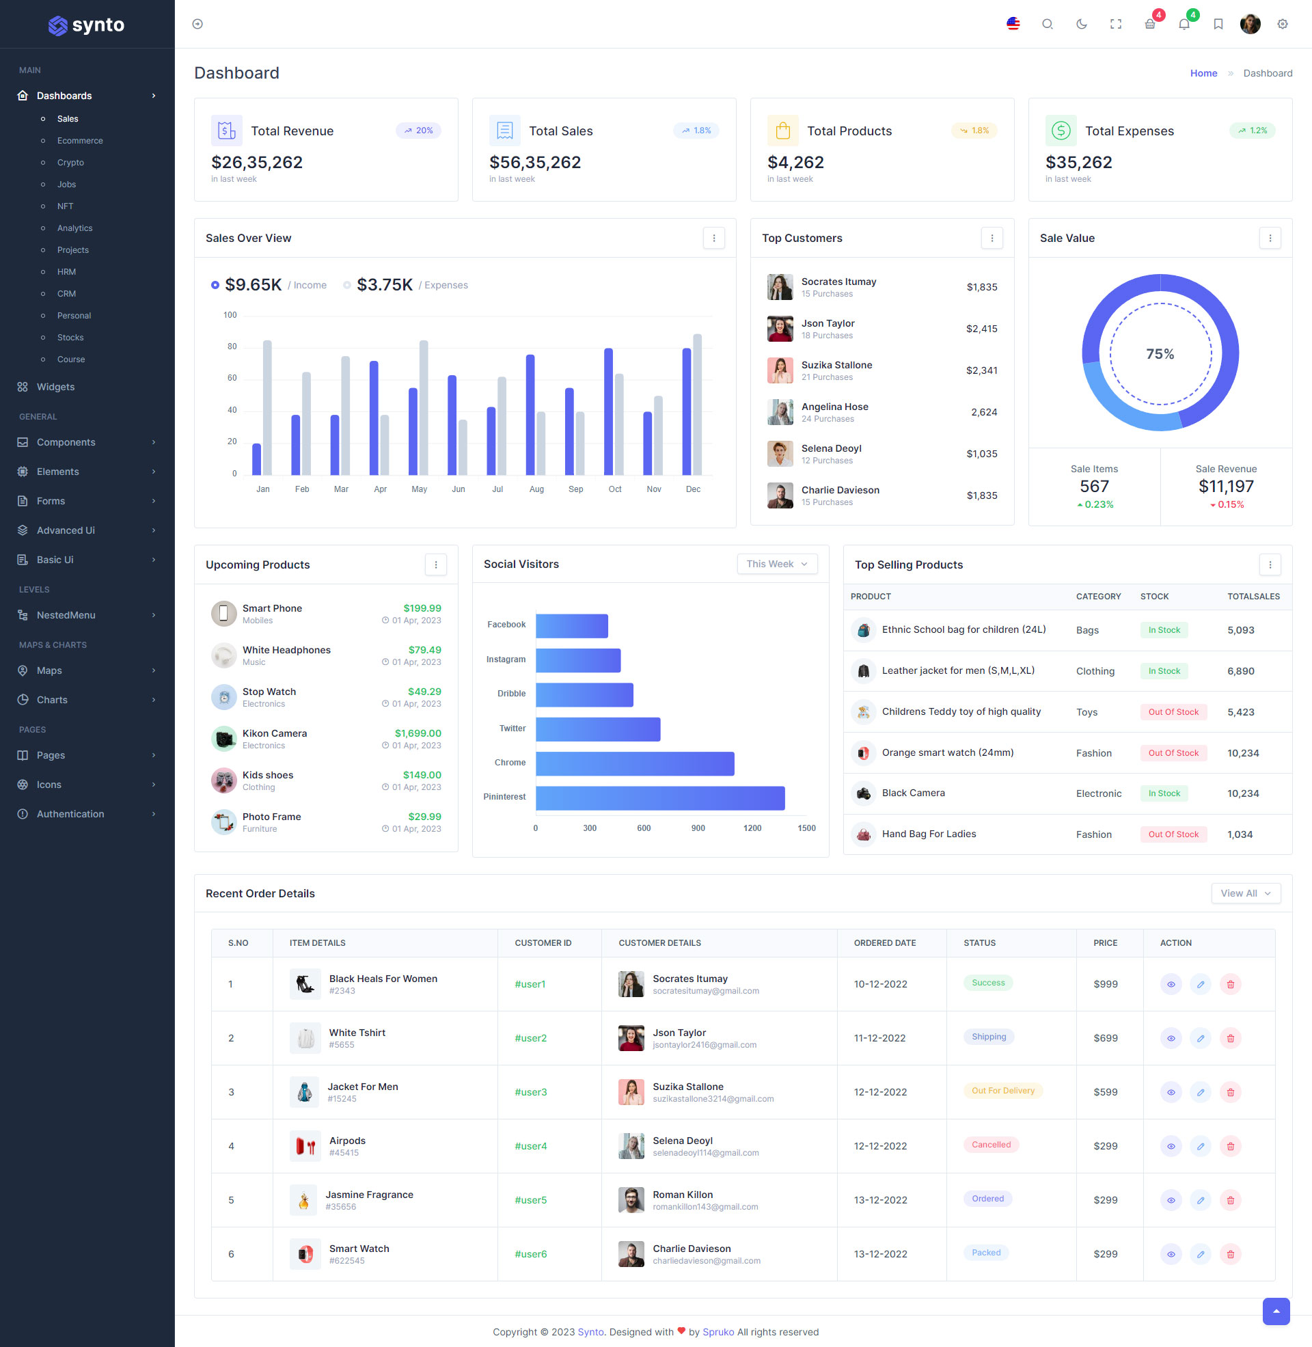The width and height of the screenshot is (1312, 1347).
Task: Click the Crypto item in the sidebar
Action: click(x=70, y=163)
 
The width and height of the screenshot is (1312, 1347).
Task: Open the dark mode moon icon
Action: click(x=1081, y=24)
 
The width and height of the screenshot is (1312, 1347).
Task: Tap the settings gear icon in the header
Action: click(x=1282, y=24)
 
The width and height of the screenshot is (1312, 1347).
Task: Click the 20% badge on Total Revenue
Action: click(x=418, y=131)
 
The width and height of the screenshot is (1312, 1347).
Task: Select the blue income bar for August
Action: click(x=530, y=415)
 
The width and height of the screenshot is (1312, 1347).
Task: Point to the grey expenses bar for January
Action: click(x=267, y=407)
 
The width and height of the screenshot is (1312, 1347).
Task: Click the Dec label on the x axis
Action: click(x=692, y=489)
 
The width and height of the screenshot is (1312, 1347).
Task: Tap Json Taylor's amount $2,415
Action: click(x=981, y=329)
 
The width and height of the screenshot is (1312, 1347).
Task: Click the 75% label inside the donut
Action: click(x=1160, y=354)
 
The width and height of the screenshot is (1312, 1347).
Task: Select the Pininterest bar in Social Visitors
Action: click(x=659, y=798)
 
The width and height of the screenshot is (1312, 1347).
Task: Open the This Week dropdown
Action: click(x=776, y=564)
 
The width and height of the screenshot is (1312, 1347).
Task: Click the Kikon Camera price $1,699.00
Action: click(x=418, y=733)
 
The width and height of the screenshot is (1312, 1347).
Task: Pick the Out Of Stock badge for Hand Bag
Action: click(x=1173, y=834)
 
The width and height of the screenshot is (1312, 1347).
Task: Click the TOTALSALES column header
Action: click(x=1253, y=597)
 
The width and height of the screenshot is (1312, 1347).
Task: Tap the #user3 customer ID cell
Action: click(x=530, y=1092)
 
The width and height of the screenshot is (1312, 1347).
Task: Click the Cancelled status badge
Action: click(x=990, y=1145)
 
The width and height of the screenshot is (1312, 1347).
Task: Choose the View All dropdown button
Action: click(x=1245, y=893)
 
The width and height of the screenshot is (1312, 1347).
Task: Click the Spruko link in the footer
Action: click(x=718, y=1332)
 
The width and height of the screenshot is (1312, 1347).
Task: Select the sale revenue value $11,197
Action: click(x=1226, y=487)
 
